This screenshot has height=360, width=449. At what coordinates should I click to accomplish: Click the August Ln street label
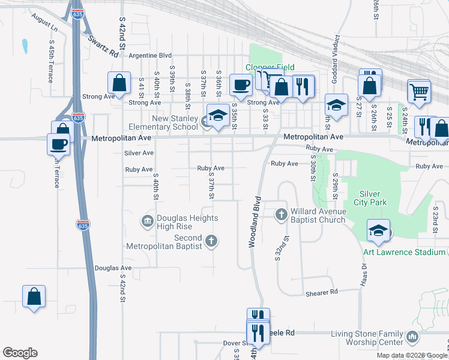46,24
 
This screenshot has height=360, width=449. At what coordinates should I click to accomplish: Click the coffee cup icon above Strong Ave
241,84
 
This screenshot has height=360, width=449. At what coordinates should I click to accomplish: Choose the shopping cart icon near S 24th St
419,91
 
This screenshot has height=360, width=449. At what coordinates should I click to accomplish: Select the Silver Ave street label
139,153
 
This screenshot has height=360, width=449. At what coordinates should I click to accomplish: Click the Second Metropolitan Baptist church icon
211,241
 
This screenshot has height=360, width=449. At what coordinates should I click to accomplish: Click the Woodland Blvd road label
254,221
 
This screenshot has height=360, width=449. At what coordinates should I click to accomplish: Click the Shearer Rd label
322,292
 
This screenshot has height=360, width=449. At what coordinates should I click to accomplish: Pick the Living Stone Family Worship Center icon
412,338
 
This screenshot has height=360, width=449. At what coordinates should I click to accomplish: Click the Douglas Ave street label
113,268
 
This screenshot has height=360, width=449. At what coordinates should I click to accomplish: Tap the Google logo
20,353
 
